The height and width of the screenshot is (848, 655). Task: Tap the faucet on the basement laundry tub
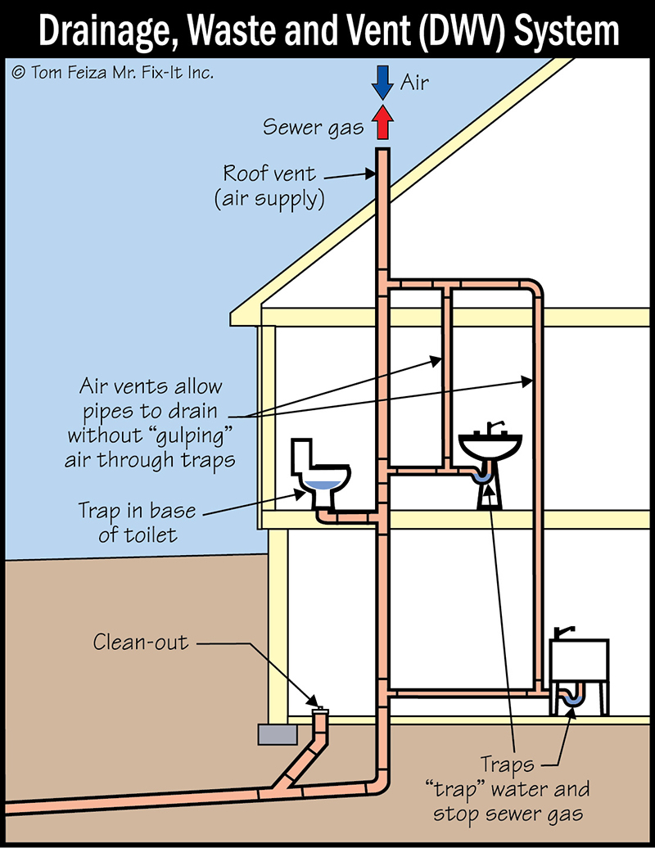click(x=564, y=632)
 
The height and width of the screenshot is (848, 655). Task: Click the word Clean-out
click(x=140, y=642)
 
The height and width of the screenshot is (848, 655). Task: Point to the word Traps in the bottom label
click(x=507, y=766)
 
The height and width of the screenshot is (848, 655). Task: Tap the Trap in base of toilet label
click(x=137, y=522)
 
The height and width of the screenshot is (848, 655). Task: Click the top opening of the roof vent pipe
click(x=382, y=151)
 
